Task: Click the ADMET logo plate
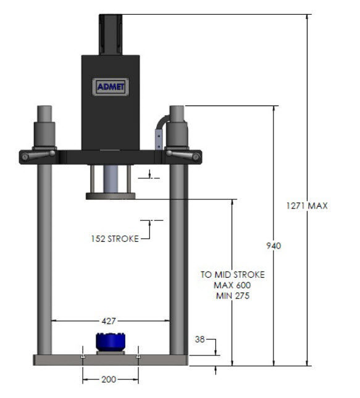tap(110, 86)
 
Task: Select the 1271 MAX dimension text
tap(307, 205)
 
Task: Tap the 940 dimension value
tap(274, 246)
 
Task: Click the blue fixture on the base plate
tap(110, 342)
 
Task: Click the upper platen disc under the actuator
tap(110, 196)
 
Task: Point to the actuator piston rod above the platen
tap(110, 179)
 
